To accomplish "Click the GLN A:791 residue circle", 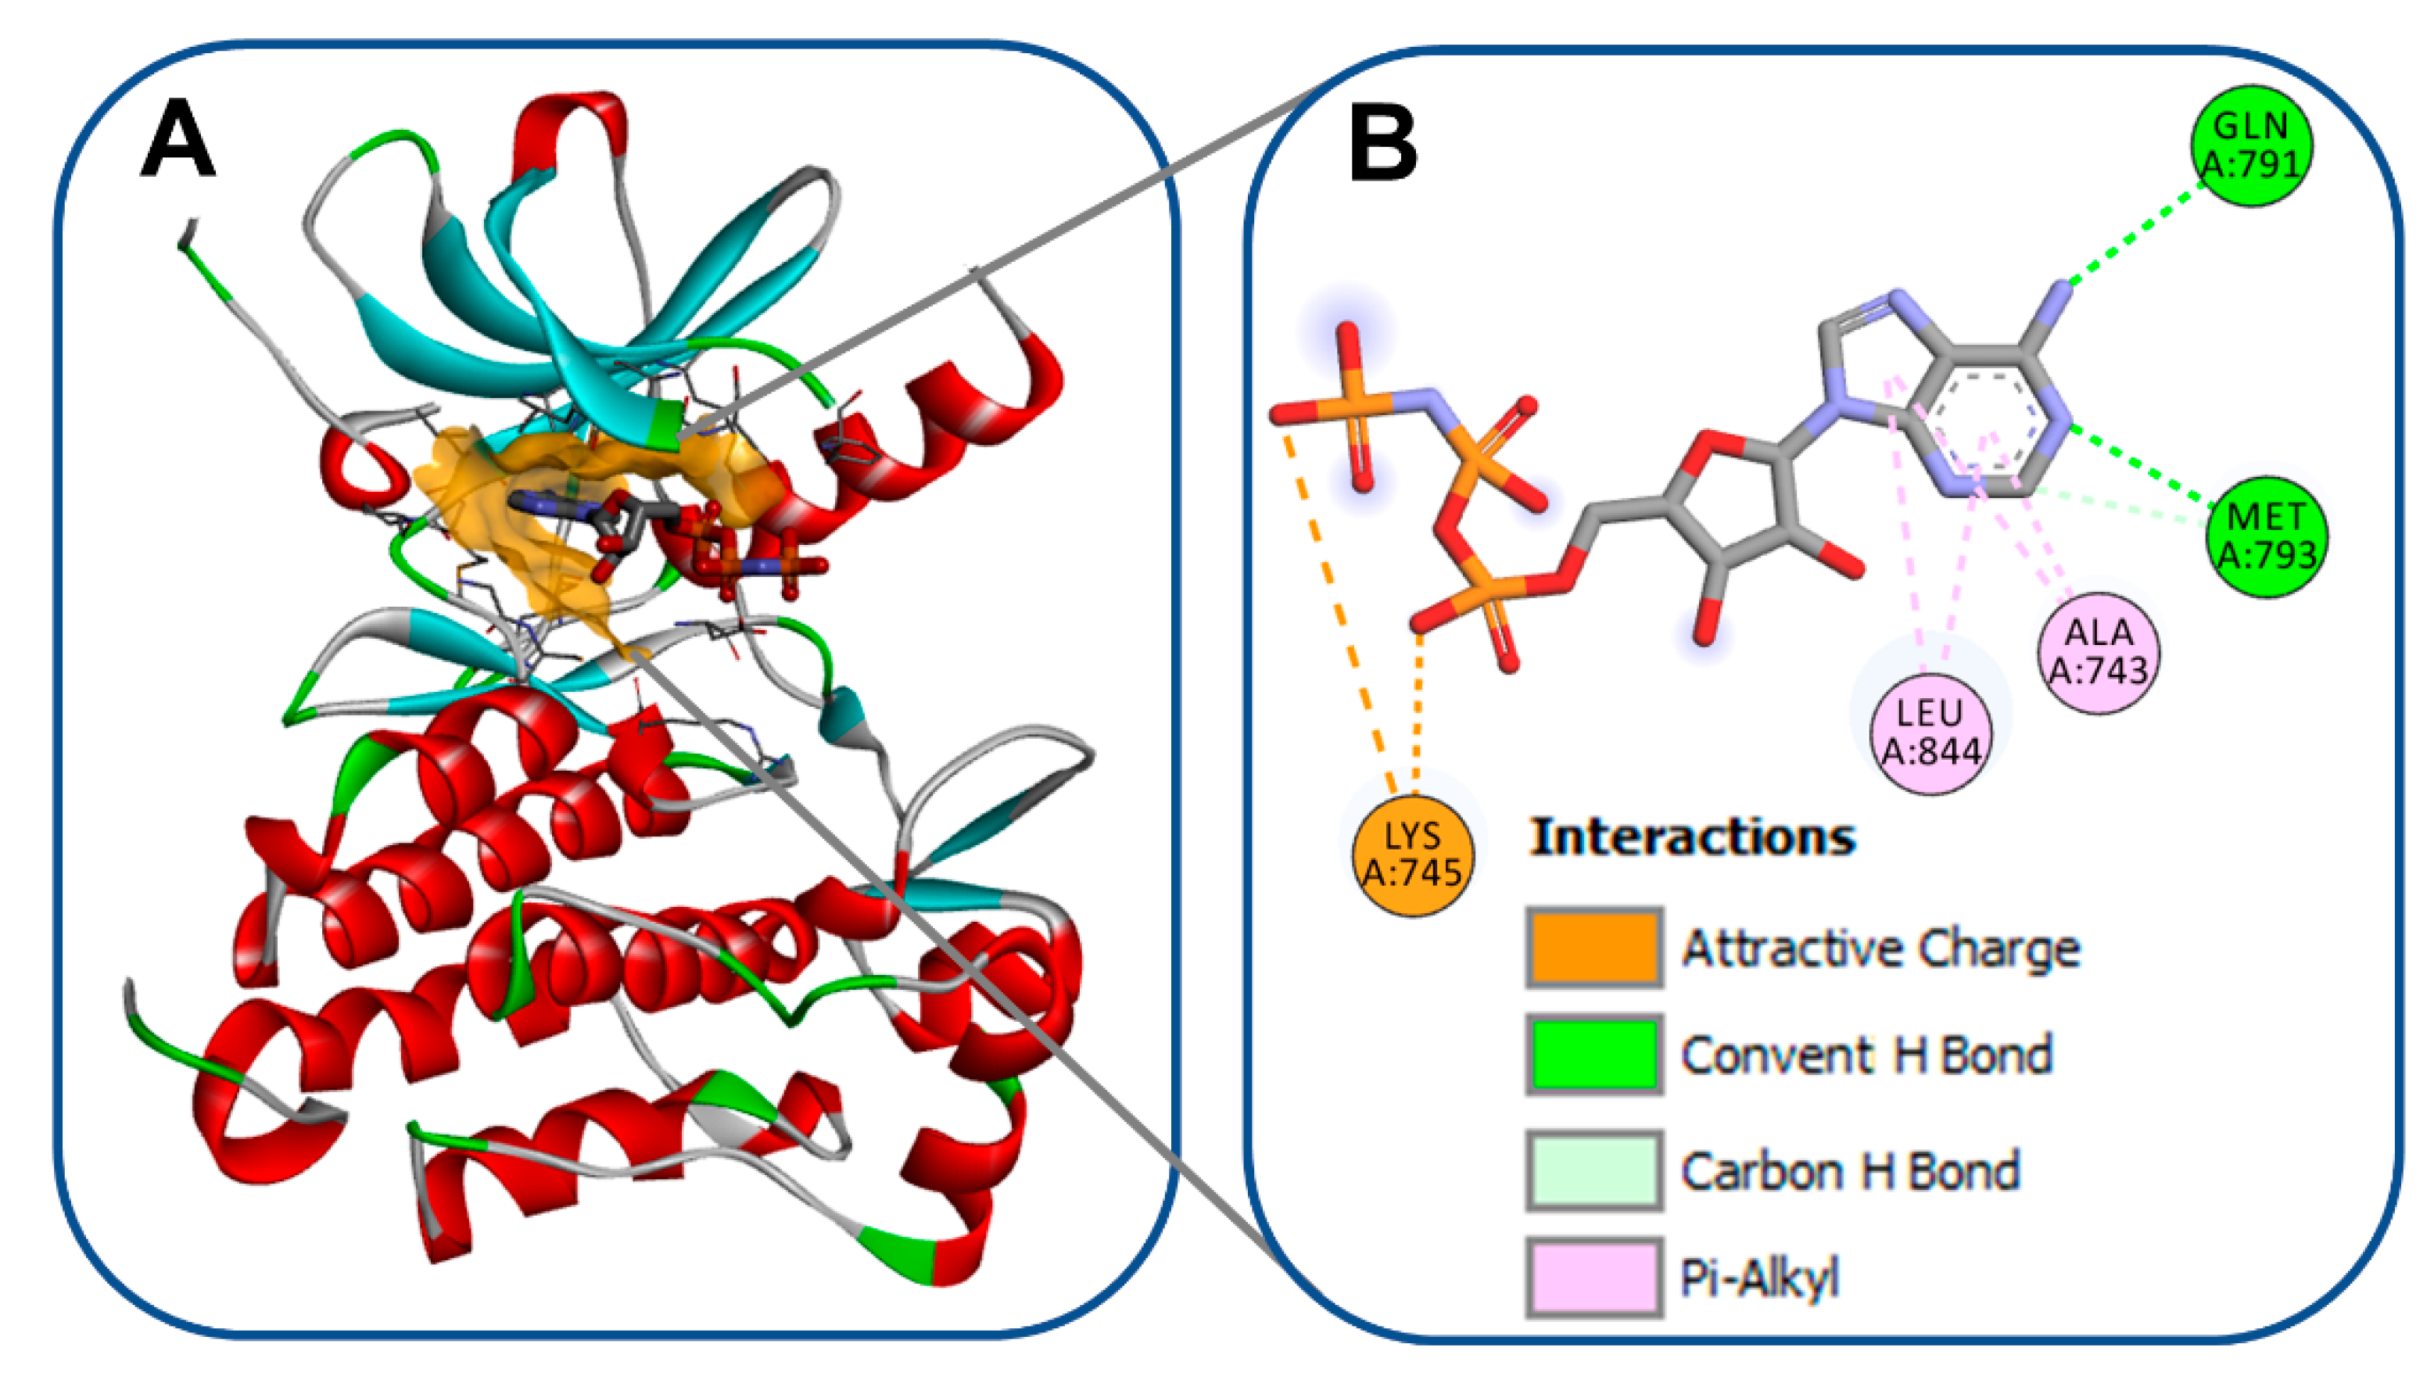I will pyautogui.click(x=2252, y=145).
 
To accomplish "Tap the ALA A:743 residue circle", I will pyautogui.click(x=2099, y=652).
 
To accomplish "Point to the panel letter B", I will pyautogui.click(x=1382, y=144).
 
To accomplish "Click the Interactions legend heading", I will pyautogui.click(x=1692, y=837).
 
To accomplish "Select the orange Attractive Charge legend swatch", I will pyautogui.click(x=1594, y=948).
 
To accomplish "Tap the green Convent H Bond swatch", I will pyautogui.click(x=1594, y=1055).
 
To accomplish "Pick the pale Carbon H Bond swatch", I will pyautogui.click(x=1594, y=1170).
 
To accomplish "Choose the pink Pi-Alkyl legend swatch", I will pyautogui.click(x=1594, y=1277).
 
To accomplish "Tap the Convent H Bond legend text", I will pyautogui.click(x=1866, y=1055).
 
